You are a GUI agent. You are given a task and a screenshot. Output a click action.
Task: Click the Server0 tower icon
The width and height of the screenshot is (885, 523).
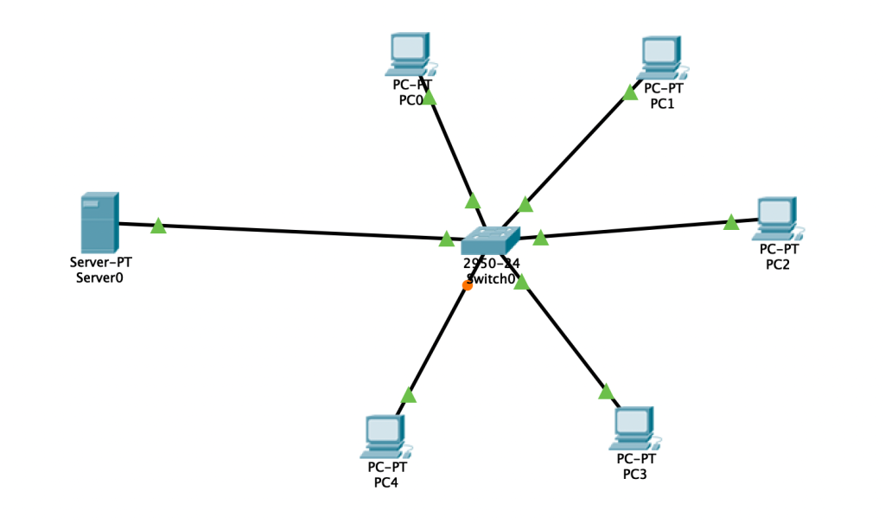99,223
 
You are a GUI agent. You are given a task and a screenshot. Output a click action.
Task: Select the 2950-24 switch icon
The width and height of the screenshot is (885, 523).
490,239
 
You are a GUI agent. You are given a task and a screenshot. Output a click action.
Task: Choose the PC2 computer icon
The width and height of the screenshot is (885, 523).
775,219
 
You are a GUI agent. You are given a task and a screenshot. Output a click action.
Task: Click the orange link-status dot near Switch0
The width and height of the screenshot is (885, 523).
468,285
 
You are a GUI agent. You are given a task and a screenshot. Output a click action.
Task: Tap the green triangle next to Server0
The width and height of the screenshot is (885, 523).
158,226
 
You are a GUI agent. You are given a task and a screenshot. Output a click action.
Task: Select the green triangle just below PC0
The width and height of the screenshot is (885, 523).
429,98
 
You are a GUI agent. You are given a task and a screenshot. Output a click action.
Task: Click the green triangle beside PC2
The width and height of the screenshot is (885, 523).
731,223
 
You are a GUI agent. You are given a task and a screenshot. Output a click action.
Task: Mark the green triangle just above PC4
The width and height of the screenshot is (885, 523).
409,395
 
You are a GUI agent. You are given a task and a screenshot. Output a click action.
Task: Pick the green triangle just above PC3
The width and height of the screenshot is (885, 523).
606,392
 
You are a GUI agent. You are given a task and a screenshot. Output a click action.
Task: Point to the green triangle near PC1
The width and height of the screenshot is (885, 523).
629,92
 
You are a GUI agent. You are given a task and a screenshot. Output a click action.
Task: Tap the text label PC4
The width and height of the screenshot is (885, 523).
385,482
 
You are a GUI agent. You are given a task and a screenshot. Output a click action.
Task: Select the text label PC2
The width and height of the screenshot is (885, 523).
778,265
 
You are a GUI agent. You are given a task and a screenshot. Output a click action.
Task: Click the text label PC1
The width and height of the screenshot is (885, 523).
662,104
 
